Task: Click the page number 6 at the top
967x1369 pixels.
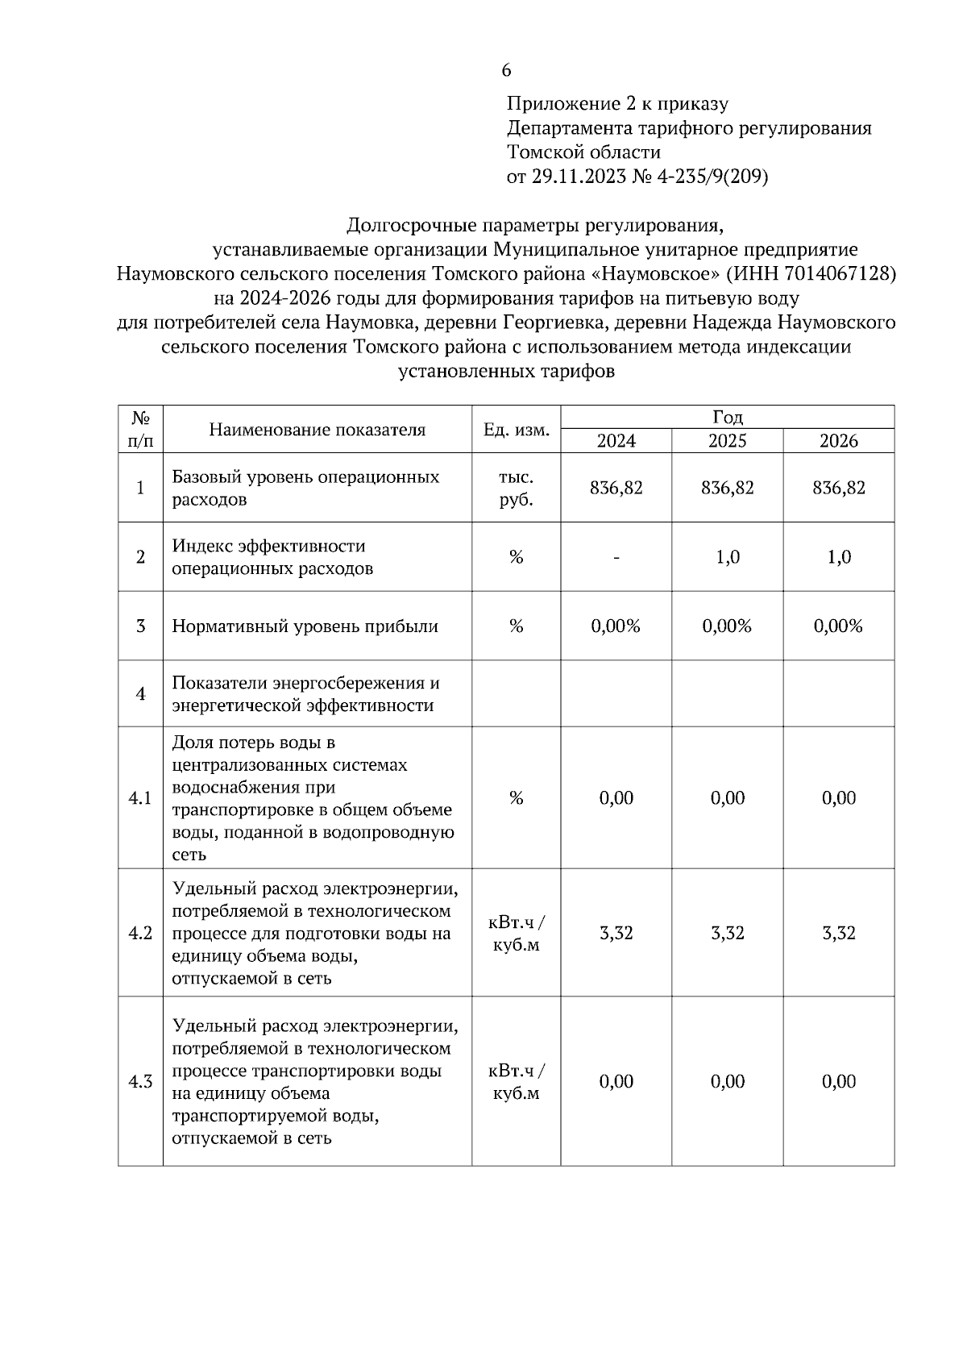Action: pyautogui.click(x=506, y=71)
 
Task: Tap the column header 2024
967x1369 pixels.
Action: pyautogui.click(x=616, y=441)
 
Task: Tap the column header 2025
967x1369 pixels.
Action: pyautogui.click(x=727, y=441)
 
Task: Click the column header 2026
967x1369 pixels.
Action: pyautogui.click(x=838, y=441)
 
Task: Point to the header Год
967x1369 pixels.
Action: pyautogui.click(x=727, y=417)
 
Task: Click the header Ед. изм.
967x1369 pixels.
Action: pyautogui.click(x=516, y=430)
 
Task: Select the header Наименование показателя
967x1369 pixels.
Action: pyautogui.click(x=317, y=430)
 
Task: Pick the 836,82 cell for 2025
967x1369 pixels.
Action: pyautogui.click(x=727, y=488)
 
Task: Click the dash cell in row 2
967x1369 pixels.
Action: pyautogui.click(x=616, y=557)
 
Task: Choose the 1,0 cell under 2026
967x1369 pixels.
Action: pyautogui.click(x=838, y=557)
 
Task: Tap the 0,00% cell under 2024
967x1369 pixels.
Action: pyautogui.click(x=616, y=626)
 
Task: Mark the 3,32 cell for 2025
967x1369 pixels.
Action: pyautogui.click(x=727, y=933)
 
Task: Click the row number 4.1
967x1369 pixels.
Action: pyautogui.click(x=140, y=798)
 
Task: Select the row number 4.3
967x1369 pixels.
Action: pyautogui.click(x=140, y=1082)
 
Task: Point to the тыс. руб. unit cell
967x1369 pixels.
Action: pyautogui.click(x=516, y=488)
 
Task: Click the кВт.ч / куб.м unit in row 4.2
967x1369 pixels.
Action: pyautogui.click(x=516, y=933)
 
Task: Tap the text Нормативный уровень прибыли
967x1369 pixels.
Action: pyautogui.click(x=305, y=626)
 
